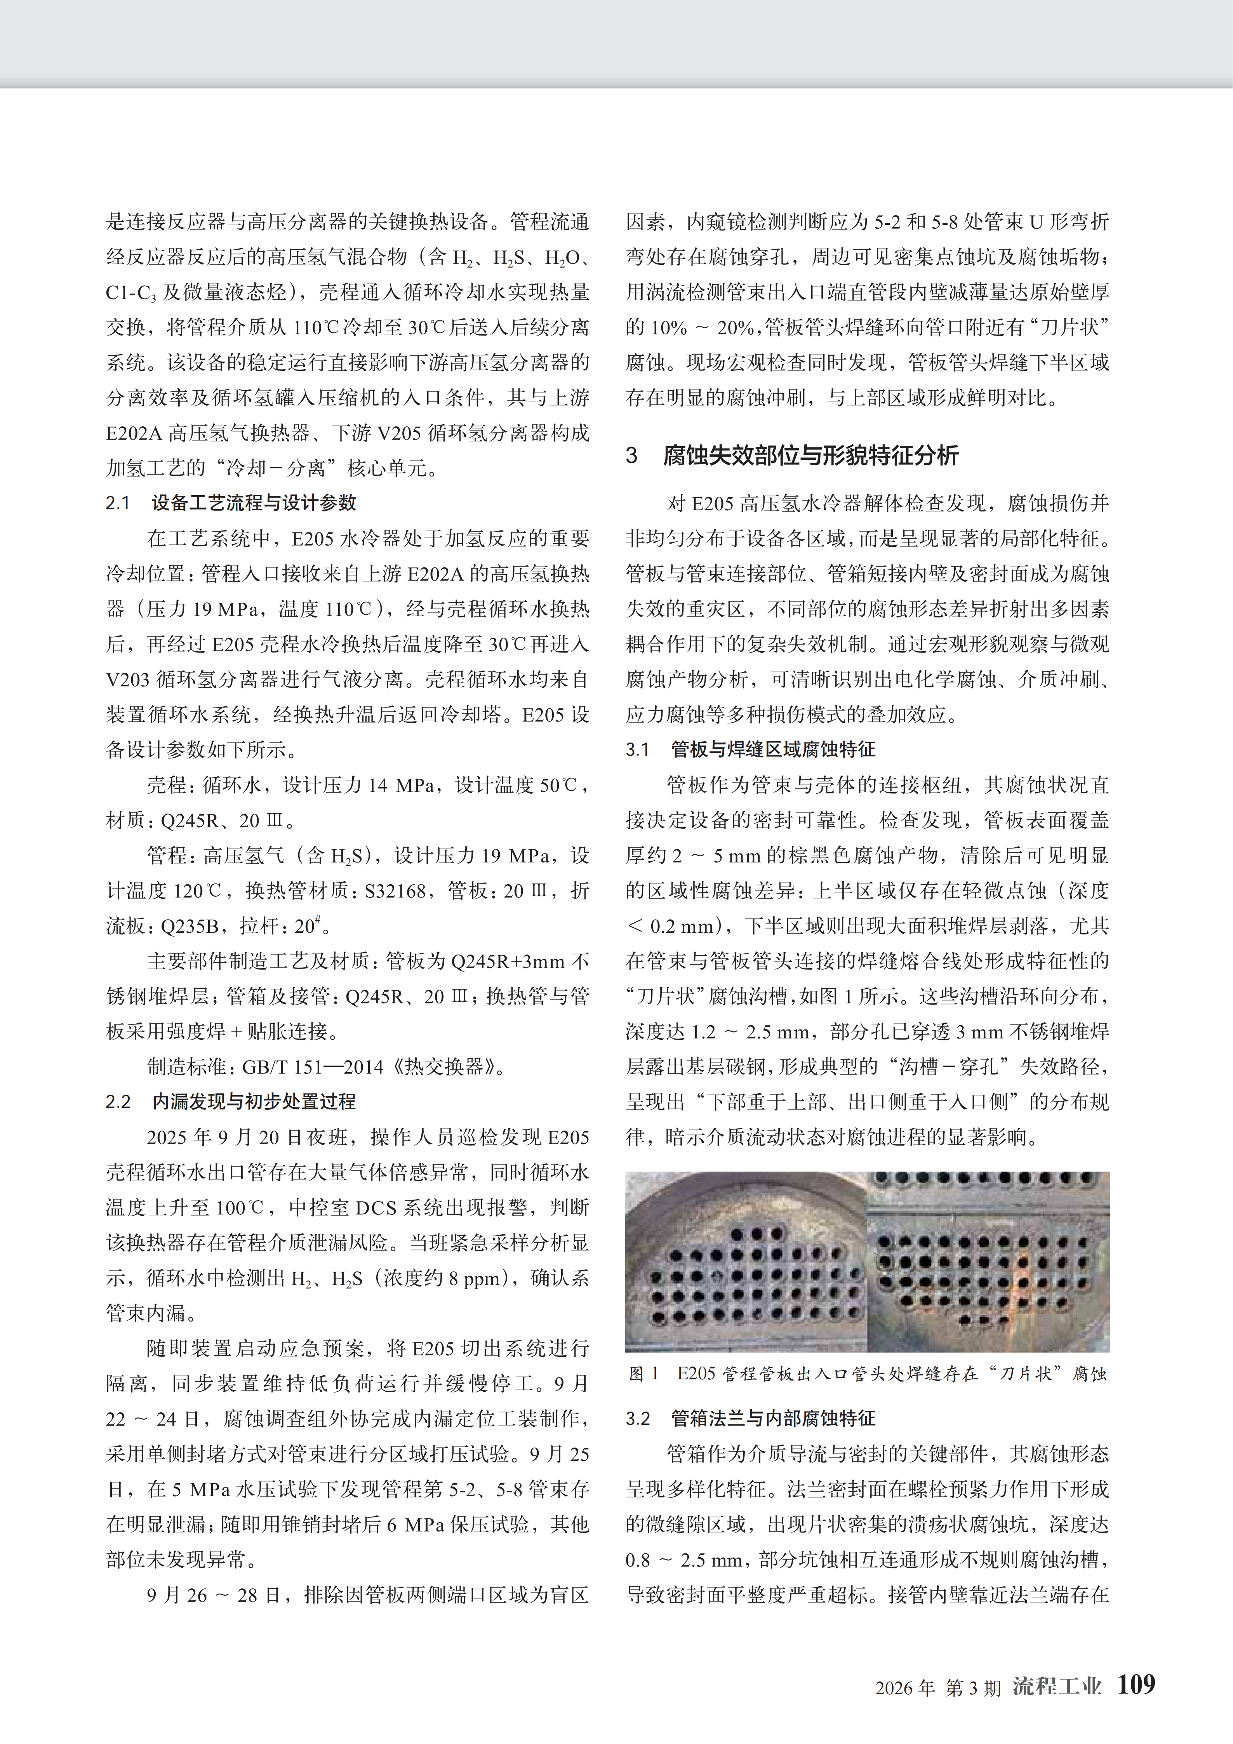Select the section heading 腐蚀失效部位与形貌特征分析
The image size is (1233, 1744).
810,456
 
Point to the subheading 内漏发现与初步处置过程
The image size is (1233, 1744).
254,1101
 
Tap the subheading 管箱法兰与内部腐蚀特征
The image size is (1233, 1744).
773,1418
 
